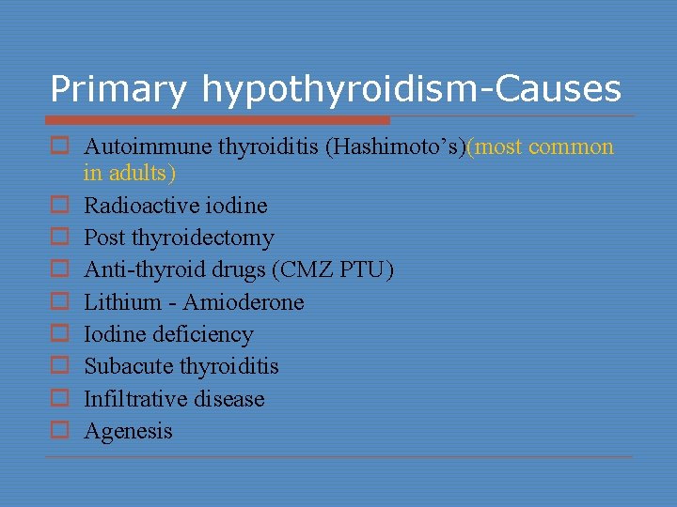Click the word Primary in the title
point(118,89)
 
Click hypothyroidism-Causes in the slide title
point(411,89)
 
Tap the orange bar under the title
point(219,120)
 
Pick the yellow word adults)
point(142,173)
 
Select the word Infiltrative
point(130,399)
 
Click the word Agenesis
point(129,431)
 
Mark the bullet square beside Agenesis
point(59,432)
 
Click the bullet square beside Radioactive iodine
point(59,207)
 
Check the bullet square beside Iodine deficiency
point(59,335)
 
